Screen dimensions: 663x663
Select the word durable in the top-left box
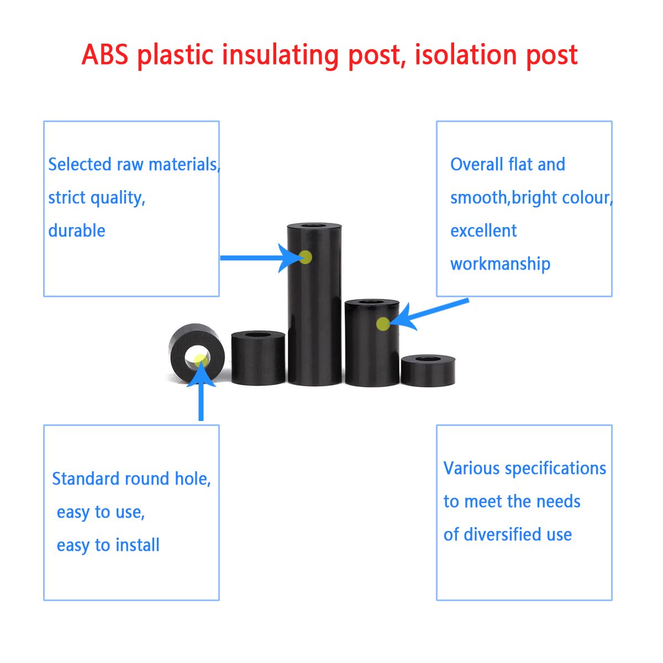77,230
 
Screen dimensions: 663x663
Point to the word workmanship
500,264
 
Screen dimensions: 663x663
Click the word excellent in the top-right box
483,230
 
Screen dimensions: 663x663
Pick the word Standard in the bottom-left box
86,478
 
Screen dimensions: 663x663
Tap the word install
137,545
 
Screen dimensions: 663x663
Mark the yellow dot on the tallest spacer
305,257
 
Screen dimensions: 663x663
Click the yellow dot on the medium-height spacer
382,324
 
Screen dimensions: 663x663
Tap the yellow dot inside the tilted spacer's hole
200,360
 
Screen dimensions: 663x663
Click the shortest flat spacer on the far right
428,370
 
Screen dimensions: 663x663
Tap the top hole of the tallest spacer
314,226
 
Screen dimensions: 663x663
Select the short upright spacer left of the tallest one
258,357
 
